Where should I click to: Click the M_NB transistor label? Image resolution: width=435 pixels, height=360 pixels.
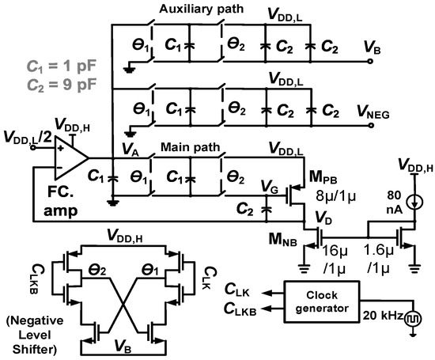(282, 239)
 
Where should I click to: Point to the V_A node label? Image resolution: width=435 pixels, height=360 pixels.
(130, 146)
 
